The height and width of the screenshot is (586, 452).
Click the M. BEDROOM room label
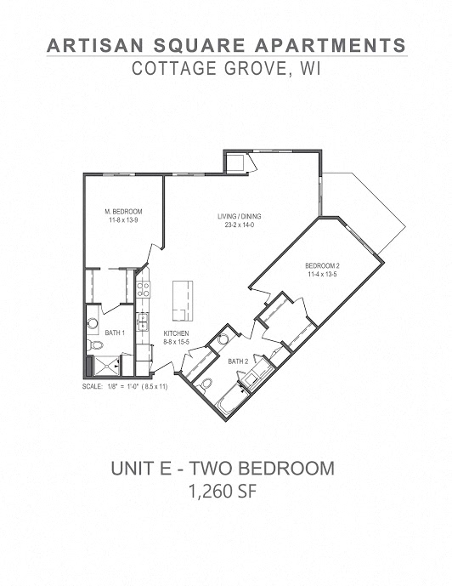pos(123,211)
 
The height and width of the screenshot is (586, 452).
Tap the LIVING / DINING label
pos(239,217)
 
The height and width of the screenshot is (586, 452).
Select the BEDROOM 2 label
pos(322,266)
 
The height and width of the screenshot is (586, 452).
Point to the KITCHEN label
pos(177,333)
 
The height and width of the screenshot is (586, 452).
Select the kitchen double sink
pos(144,322)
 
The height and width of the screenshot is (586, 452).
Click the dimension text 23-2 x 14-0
pos(239,226)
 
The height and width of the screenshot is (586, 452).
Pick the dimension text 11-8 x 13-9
pos(123,220)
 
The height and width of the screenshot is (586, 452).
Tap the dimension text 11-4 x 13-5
pos(322,276)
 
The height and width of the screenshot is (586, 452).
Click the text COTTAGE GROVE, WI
pos(225,70)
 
